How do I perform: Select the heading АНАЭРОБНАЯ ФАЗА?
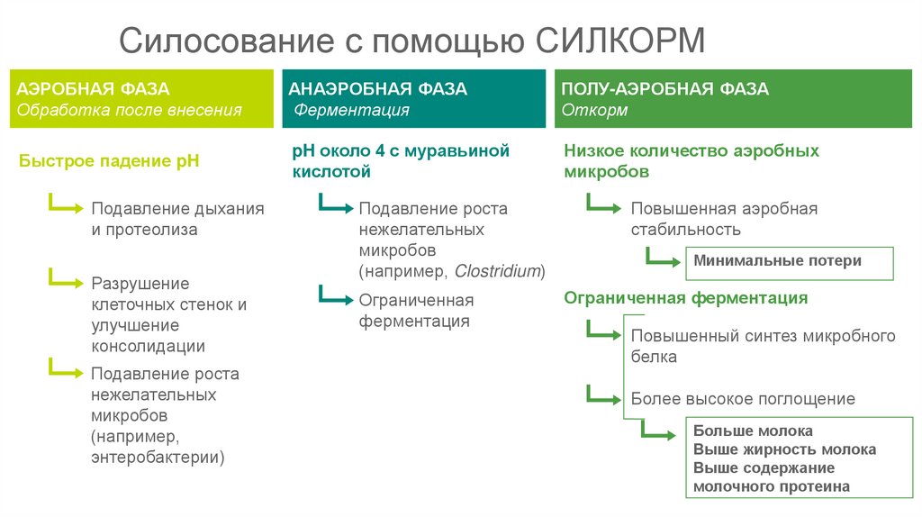377,89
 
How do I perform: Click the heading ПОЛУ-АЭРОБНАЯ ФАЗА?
665,89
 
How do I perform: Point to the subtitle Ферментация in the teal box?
352,110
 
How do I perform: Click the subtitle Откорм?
595,110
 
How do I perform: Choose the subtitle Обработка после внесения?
131,110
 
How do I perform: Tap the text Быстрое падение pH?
109,161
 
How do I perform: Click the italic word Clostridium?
497,271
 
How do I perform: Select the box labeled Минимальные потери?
777,261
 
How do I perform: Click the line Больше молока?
753,431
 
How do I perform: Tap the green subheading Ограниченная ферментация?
686,298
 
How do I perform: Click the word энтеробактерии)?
158,458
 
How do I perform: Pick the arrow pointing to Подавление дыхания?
66,206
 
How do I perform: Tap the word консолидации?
148,346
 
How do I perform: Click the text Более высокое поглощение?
743,398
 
